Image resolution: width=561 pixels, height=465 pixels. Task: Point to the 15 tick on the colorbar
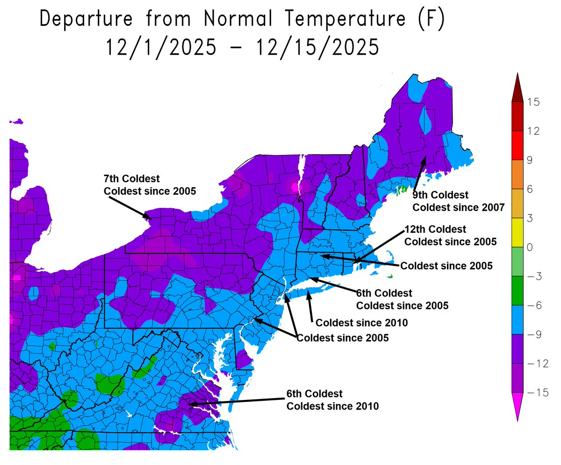[x=532, y=102]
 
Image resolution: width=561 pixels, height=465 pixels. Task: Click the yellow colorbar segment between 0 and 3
[x=517, y=232]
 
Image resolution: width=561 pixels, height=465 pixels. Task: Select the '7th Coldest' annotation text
[x=131, y=179]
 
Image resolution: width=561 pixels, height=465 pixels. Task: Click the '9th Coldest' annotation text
[x=440, y=194]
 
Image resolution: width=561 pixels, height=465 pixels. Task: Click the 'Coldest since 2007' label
[x=458, y=207]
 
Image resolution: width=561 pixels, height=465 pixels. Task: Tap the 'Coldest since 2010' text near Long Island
[x=362, y=323]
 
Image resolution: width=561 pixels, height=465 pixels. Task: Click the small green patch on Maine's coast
[x=402, y=191]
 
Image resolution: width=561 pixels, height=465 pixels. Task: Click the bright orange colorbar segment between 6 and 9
[x=517, y=174]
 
